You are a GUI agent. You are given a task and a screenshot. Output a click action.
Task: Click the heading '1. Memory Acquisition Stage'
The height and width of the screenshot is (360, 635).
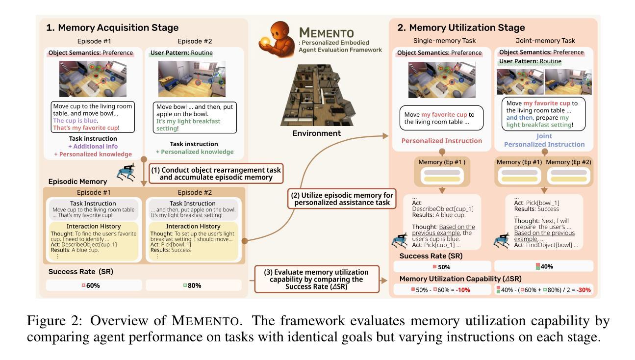(x=112, y=28)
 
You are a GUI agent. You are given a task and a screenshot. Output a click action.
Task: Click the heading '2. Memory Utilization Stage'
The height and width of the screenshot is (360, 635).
(x=461, y=28)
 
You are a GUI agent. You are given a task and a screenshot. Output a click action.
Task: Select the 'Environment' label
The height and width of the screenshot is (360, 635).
(x=316, y=133)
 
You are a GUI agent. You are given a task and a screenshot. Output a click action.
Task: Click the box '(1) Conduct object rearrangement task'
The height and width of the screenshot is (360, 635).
(x=216, y=174)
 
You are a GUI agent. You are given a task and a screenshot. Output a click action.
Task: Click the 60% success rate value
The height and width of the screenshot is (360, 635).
(x=93, y=285)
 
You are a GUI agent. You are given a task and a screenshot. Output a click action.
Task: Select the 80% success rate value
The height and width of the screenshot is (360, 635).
(x=194, y=285)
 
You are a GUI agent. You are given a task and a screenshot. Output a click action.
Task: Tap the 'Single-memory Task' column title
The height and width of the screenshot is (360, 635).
(x=444, y=41)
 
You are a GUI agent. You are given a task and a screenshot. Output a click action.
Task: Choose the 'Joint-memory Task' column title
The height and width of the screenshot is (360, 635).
(x=545, y=41)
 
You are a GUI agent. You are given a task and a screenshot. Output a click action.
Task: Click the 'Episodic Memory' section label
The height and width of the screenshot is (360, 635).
(x=77, y=181)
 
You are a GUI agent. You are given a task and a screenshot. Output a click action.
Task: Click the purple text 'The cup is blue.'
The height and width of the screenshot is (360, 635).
(x=76, y=121)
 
